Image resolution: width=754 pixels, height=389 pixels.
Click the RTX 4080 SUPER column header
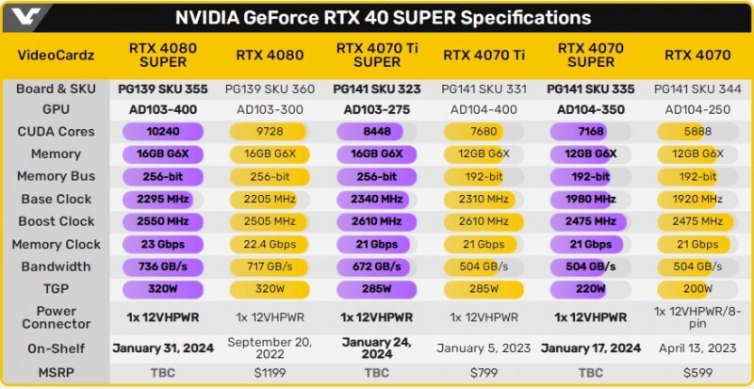163,56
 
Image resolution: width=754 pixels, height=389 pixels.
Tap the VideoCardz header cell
56,56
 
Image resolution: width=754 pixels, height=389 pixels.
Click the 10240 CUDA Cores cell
163,132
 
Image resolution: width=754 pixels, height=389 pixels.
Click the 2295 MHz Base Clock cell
163,199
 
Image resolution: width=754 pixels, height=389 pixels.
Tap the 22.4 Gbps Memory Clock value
270,244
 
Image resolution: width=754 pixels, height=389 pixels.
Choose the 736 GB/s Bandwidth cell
163,267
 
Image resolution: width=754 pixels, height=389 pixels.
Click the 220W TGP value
590,289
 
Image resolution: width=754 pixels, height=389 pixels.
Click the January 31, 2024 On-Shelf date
163,348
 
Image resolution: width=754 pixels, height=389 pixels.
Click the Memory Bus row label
56,176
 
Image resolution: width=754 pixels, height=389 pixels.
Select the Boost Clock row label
56,221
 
